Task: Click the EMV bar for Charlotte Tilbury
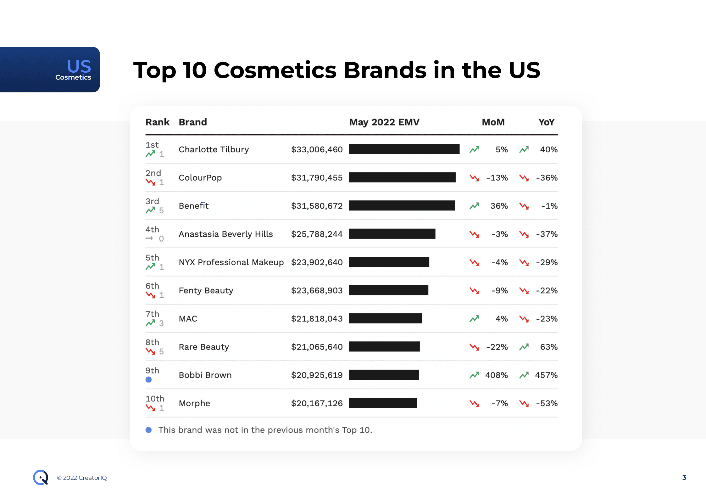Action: pyautogui.click(x=404, y=149)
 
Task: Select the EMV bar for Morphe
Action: pyautogui.click(x=382, y=403)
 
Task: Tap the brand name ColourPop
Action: pyautogui.click(x=200, y=178)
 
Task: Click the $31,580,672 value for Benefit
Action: pyautogui.click(x=316, y=206)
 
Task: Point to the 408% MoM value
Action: pyautogui.click(x=496, y=375)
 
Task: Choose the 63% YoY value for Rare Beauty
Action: pyautogui.click(x=548, y=347)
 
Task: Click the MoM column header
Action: pyautogui.click(x=493, y=122)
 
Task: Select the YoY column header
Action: pyautogui.click(x=546, y=122)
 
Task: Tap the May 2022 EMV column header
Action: pyautogui.click(x=384, y=122)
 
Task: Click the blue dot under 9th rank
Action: pyautogui.click(x=149, y=380)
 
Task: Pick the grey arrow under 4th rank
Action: pyautogui.click(x=149, y=238)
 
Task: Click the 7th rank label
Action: pyautogui.click(x=152, y=314)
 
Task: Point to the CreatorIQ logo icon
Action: pyautogui.click(x=41, y=477)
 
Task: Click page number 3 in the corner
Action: pyautogui.click(x=684, y=477)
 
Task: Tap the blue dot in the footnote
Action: pyautogui.click(x=149, y=430)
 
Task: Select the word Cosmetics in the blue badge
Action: pyautogui.click(x=73, y=77)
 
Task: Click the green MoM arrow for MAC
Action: pyautogui.click(x=474, y=319)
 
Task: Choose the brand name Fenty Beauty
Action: pyautogui.click(x=206, y=290)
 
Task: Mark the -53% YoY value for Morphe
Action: pyautogui.click(x=547, y=403)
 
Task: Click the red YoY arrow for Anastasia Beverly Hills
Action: pyautogui.click(x=524, y=234)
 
